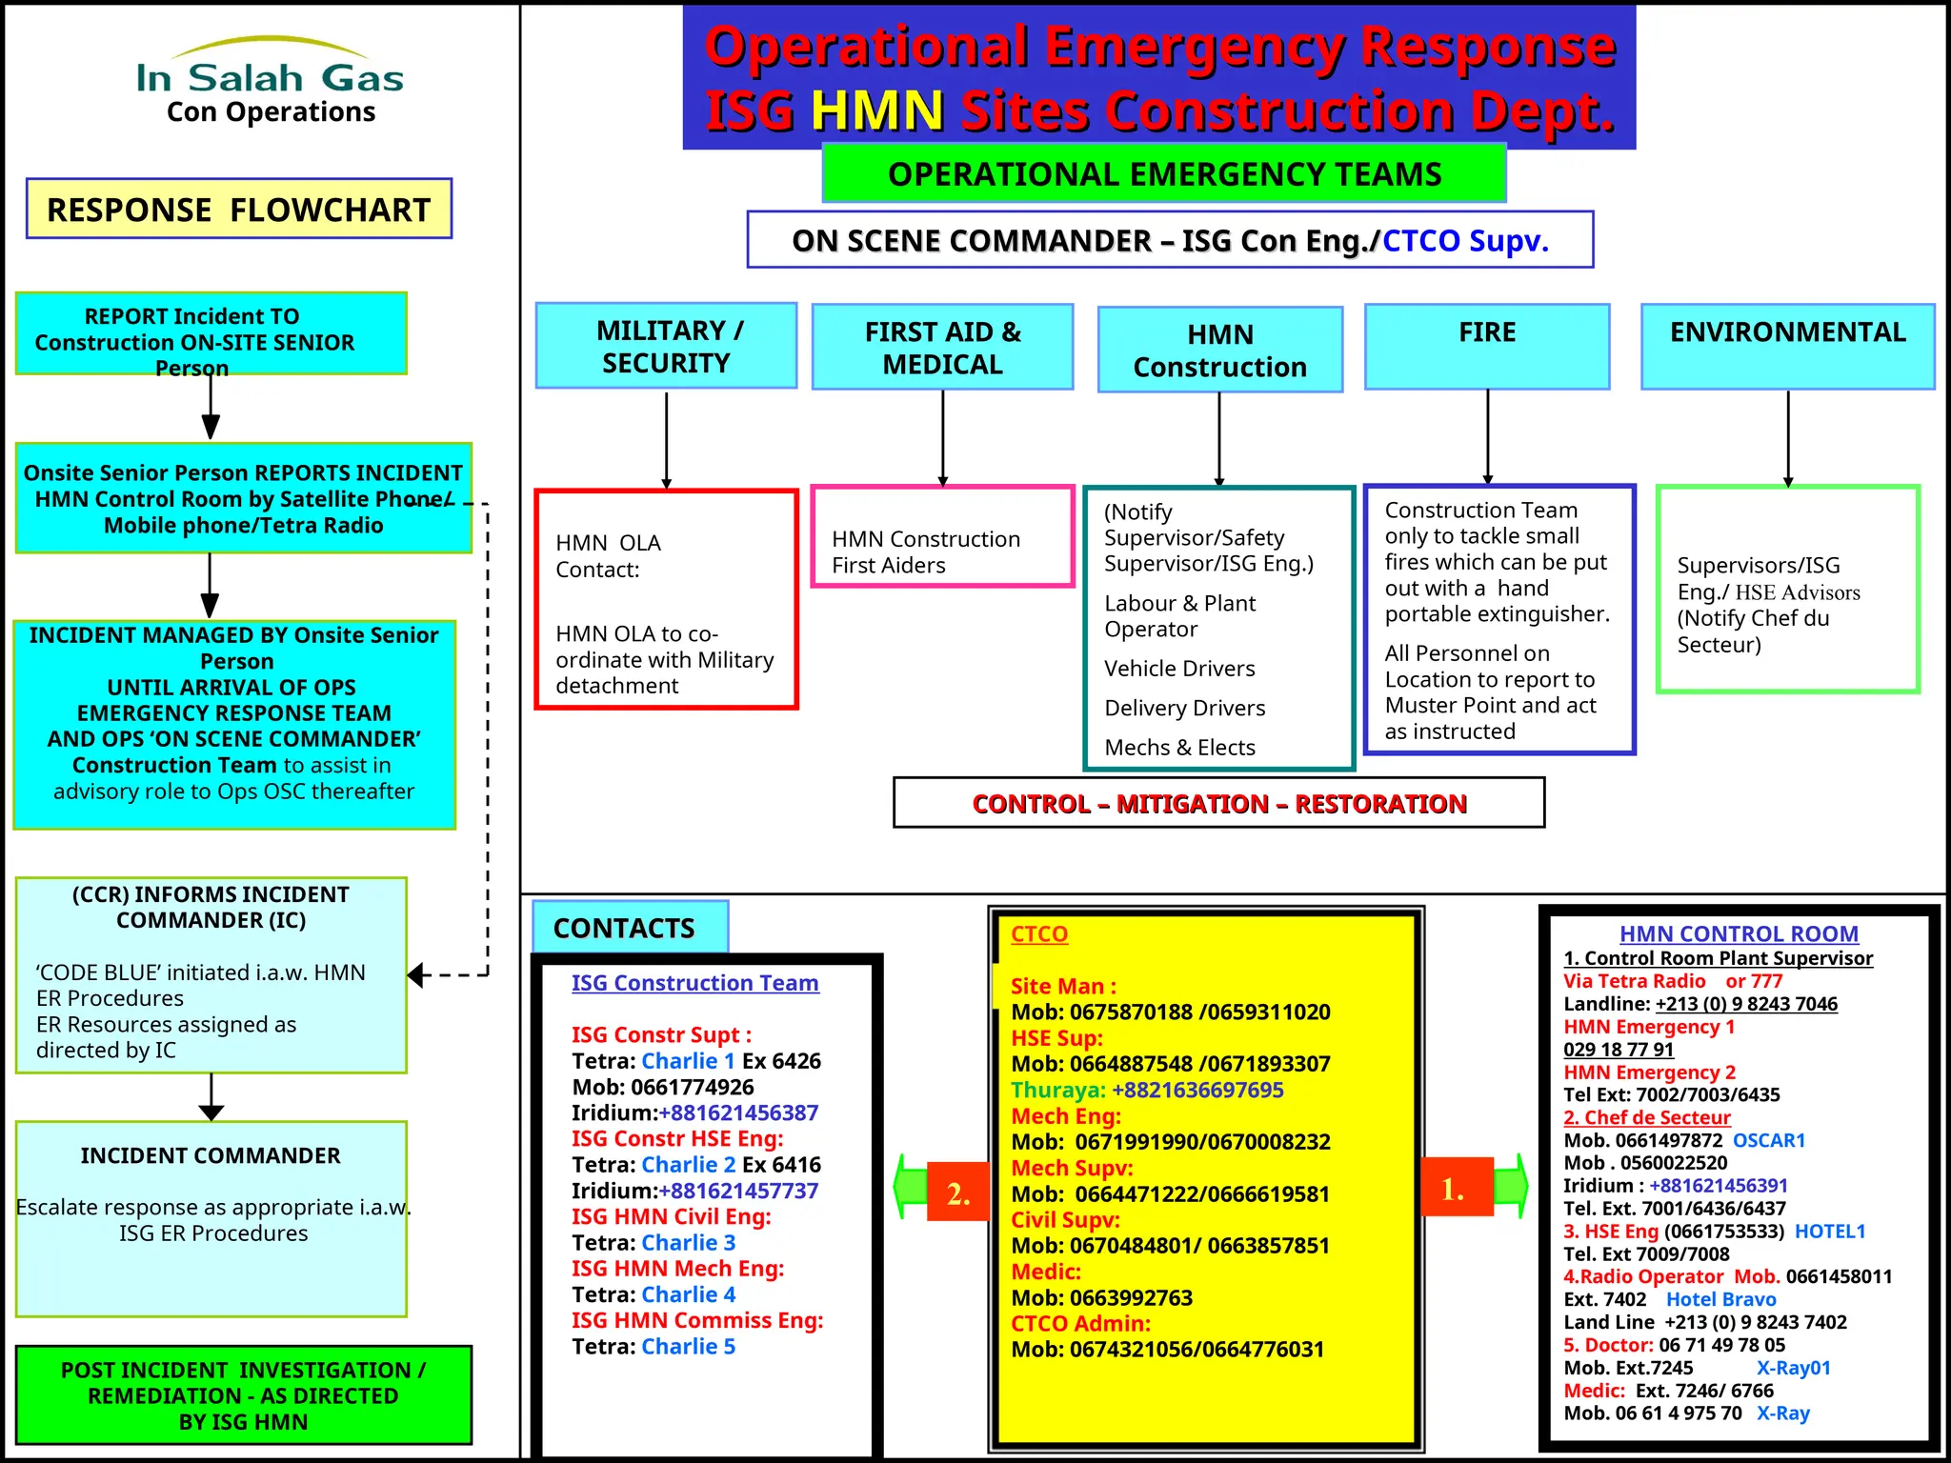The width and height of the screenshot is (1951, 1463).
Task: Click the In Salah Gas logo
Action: tap(271, 81)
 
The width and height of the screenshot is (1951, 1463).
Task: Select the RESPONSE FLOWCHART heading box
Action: tap(239, 209)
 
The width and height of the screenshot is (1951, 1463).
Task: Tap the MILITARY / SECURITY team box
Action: tap(666, 346)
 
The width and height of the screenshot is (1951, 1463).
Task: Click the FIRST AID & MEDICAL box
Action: tap(942, 347)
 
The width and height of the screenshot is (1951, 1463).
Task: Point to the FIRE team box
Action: tap(1487, 347)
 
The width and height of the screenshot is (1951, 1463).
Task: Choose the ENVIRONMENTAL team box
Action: tap(1787, 347)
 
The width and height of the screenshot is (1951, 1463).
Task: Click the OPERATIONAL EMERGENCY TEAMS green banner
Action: tap(1164, 174)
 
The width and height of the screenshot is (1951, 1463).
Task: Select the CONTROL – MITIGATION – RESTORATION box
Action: tap(1218, 803)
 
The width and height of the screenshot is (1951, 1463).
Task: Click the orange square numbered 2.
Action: tap(958, 1192)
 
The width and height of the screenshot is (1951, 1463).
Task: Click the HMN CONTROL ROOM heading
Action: tap(1739, 933)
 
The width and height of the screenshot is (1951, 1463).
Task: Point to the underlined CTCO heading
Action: tap(1038, 933)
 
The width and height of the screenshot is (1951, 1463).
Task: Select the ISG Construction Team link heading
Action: tap(694, 982)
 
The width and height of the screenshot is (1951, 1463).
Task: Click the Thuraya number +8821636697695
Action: tap(1197, 1090)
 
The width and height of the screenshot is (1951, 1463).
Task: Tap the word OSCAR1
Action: tap(1768, 1140)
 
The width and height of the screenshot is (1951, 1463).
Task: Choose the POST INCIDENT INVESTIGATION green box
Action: tap(244, 1394)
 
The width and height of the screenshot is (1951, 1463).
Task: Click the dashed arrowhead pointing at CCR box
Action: tap(415, 974)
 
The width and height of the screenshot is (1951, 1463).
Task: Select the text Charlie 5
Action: tap(688, 1346)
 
